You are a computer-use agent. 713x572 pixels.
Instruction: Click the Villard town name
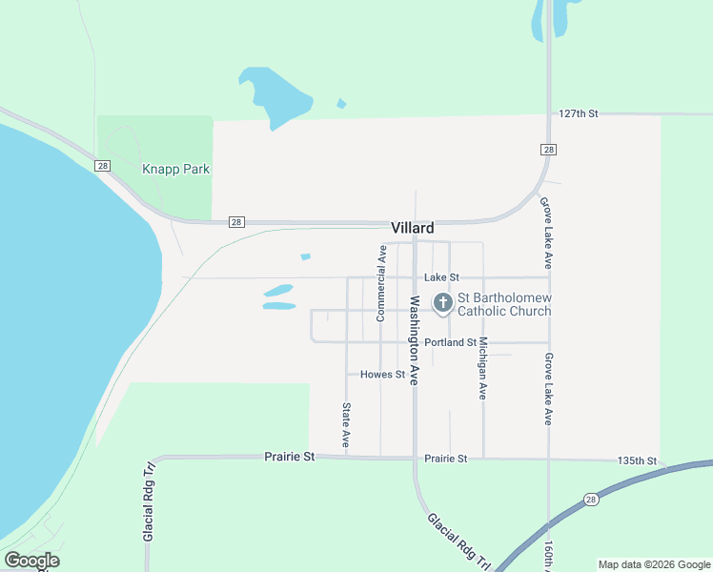tap(412, 228)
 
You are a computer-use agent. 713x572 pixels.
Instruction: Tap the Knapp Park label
tap(175, 169)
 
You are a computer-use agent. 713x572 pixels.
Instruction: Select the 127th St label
tap(579, 113)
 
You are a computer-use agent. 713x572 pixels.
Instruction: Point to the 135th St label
tap(637, 460)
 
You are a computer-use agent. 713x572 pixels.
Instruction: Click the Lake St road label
tap(441, 277)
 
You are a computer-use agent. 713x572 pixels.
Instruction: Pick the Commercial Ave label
tap(380, 283)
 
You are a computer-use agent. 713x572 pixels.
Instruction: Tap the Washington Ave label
tap(416, 339)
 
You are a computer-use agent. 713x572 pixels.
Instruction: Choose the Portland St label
tap(450, 342)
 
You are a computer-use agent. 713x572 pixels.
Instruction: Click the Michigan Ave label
tap(483, 367)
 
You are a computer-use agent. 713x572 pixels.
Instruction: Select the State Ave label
tap(346, 425)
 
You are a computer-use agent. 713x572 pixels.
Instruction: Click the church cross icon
tap(442, 304)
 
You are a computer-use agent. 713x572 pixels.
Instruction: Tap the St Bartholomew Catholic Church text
tap(505, 305)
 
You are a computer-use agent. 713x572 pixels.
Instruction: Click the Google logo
tap(31, 561)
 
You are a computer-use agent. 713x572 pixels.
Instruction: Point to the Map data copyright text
tap(655, 564)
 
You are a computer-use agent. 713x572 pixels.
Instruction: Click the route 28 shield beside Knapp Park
tap(102, 166)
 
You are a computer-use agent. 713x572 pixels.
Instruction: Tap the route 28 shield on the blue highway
tap(592, 500)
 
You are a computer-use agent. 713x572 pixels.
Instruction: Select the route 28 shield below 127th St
tap(547, 150)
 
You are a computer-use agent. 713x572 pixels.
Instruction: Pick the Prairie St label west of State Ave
tap(289, 458)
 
